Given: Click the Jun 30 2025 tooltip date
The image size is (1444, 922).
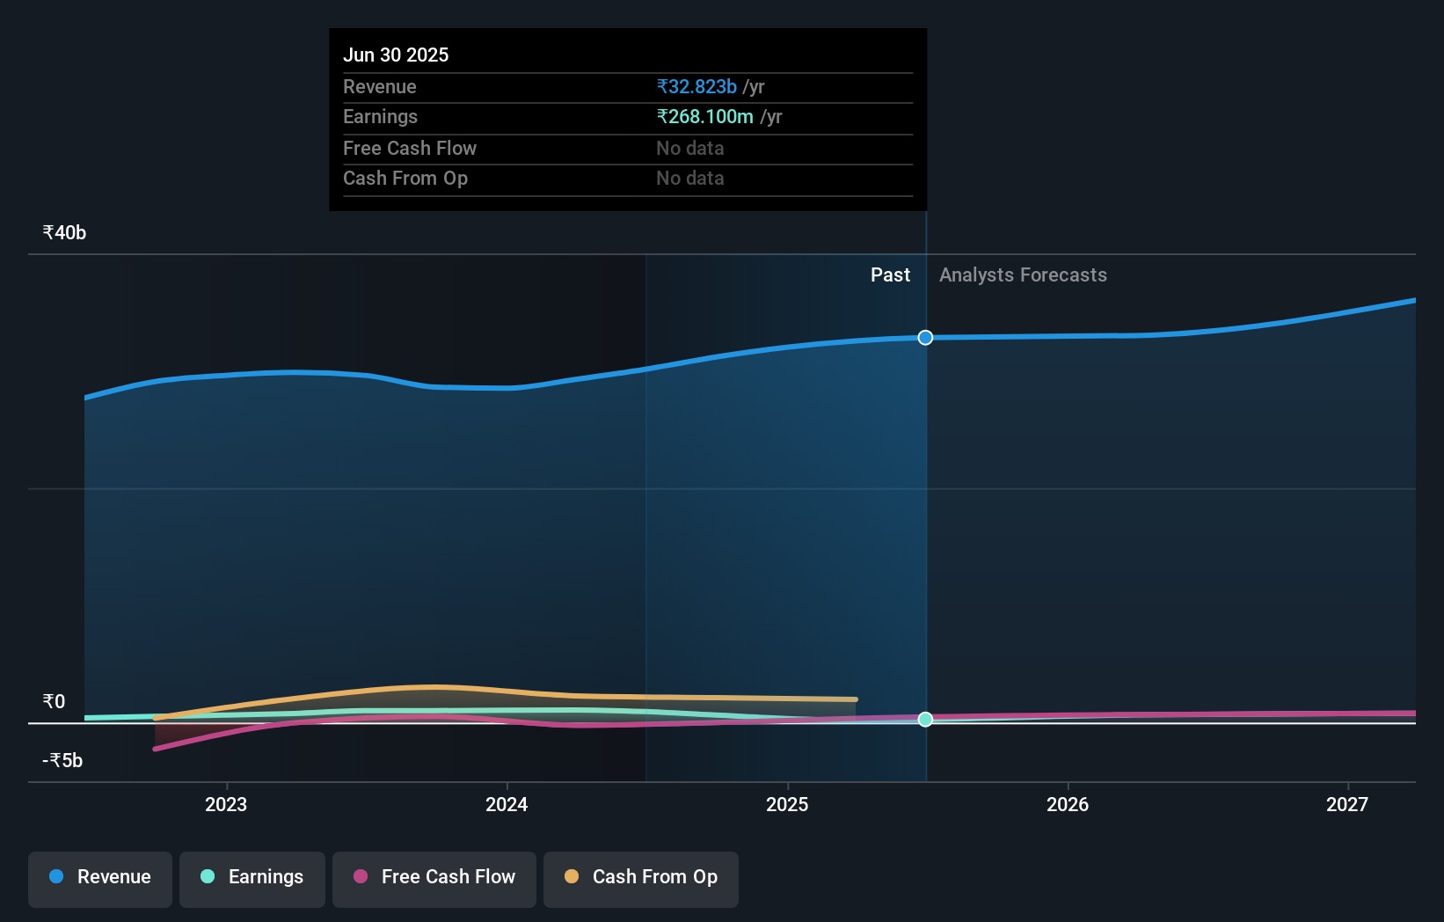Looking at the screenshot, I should tap(396, 55).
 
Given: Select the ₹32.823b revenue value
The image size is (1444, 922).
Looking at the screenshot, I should tap(696, 86).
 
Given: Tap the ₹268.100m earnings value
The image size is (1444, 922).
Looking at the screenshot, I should tap(704, 116).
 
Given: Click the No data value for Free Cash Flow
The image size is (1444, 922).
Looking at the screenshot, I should tap(689, 148).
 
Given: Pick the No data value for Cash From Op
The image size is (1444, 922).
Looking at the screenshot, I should tap(689, 178).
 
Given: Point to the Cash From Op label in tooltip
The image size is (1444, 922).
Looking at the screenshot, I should tap(405, 178).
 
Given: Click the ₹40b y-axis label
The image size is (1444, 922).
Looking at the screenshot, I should tap(64, 232).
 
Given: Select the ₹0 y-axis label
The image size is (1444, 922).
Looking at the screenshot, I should tap(54, 701).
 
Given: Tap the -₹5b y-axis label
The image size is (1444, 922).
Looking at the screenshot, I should tap(62, 760).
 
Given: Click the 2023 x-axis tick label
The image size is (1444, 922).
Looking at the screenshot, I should tap(226, 804).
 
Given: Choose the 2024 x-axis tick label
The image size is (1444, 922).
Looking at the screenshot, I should tap(507, 804).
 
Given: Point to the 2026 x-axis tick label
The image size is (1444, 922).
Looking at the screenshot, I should tap(1067, 804).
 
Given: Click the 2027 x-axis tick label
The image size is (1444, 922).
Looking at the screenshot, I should tap(1346, 804).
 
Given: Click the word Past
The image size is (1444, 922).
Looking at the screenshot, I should tap(890, 274).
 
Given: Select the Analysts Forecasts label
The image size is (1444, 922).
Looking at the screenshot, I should tap(1023, 274).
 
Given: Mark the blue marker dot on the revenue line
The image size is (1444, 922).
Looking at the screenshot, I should tap(925, 338).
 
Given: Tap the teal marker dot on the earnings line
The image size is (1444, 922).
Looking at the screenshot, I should tap(925, 720).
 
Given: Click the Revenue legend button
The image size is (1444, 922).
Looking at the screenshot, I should tap(100, 877).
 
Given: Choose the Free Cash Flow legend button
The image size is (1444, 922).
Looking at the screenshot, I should tap(434, 877).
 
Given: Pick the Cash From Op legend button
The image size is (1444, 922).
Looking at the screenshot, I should tap(641, 877).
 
